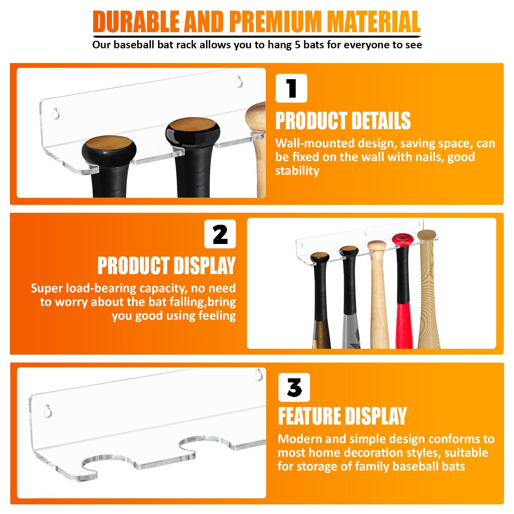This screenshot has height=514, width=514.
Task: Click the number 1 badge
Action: [x=291, y=88]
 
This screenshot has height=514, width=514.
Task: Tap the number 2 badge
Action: [x=220, y=234]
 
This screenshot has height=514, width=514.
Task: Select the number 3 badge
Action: [x=294, y=388]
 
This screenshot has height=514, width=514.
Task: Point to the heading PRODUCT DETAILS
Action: [x=343, y=121]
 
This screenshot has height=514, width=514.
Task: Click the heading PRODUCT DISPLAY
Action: [x=167, y=266]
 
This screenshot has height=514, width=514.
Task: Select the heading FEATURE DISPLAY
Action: [x=342, y=416]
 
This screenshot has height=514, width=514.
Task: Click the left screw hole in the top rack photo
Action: [x=56, y=113]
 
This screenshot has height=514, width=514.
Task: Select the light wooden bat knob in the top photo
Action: [x=256, y=117]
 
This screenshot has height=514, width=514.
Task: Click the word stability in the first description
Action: [x=297, y=171]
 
